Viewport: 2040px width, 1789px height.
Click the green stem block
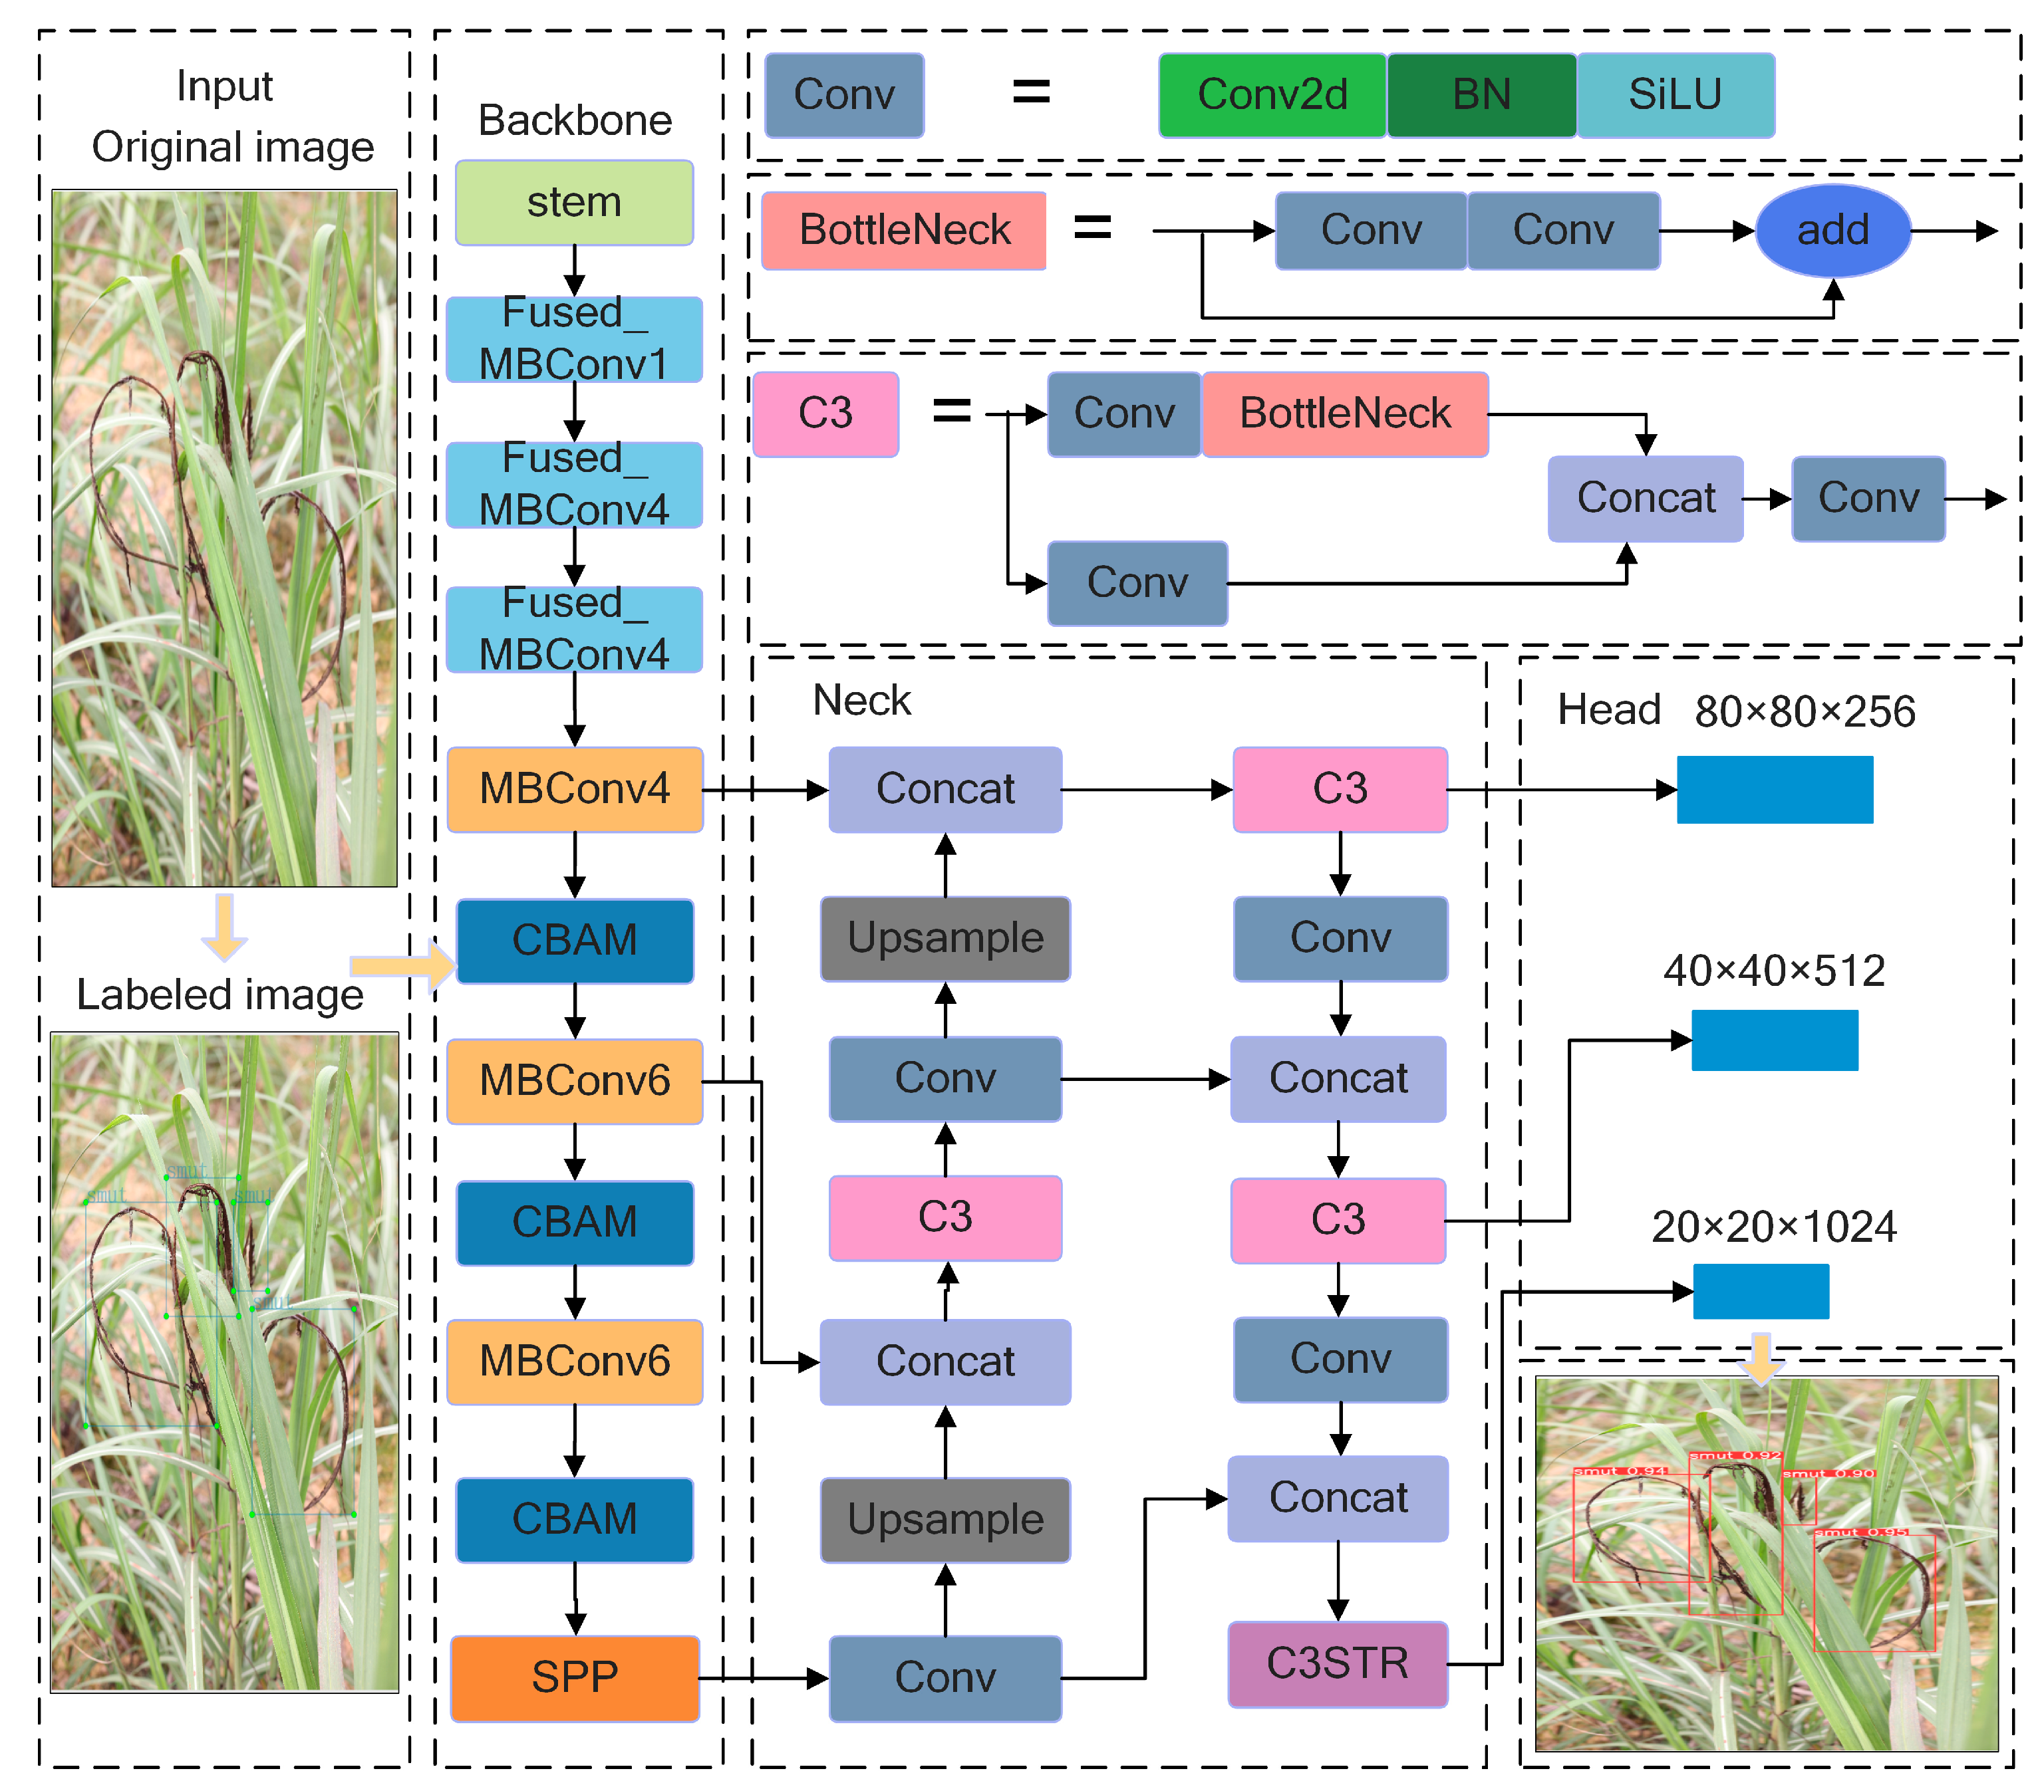tap(574, 203)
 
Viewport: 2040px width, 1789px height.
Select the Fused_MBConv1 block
tap(574, 339)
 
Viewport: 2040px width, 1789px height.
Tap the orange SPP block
tap(574, 1677)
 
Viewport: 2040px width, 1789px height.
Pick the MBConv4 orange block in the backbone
tap(574, 789)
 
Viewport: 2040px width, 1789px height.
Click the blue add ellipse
tap(1832, 231)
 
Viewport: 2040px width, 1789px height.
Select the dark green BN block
tap(1481, 95)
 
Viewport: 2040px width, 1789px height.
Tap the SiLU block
tap(1675, 95)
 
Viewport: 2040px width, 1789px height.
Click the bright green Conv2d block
tap(1272, 95)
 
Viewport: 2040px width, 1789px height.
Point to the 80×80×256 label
tap(1805, 711)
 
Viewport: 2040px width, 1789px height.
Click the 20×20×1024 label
tap(1773, 1227)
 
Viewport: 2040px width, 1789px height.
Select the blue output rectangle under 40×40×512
tap(1775, 1040)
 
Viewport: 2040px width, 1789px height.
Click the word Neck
tap(861, 701)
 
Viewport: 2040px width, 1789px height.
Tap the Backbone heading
tap(575, 121)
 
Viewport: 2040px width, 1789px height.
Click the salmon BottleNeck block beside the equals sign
tap(903, 231)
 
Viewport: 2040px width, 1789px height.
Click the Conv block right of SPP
tap(945, 1677)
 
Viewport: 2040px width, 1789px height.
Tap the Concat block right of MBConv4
tap(945, 789)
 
